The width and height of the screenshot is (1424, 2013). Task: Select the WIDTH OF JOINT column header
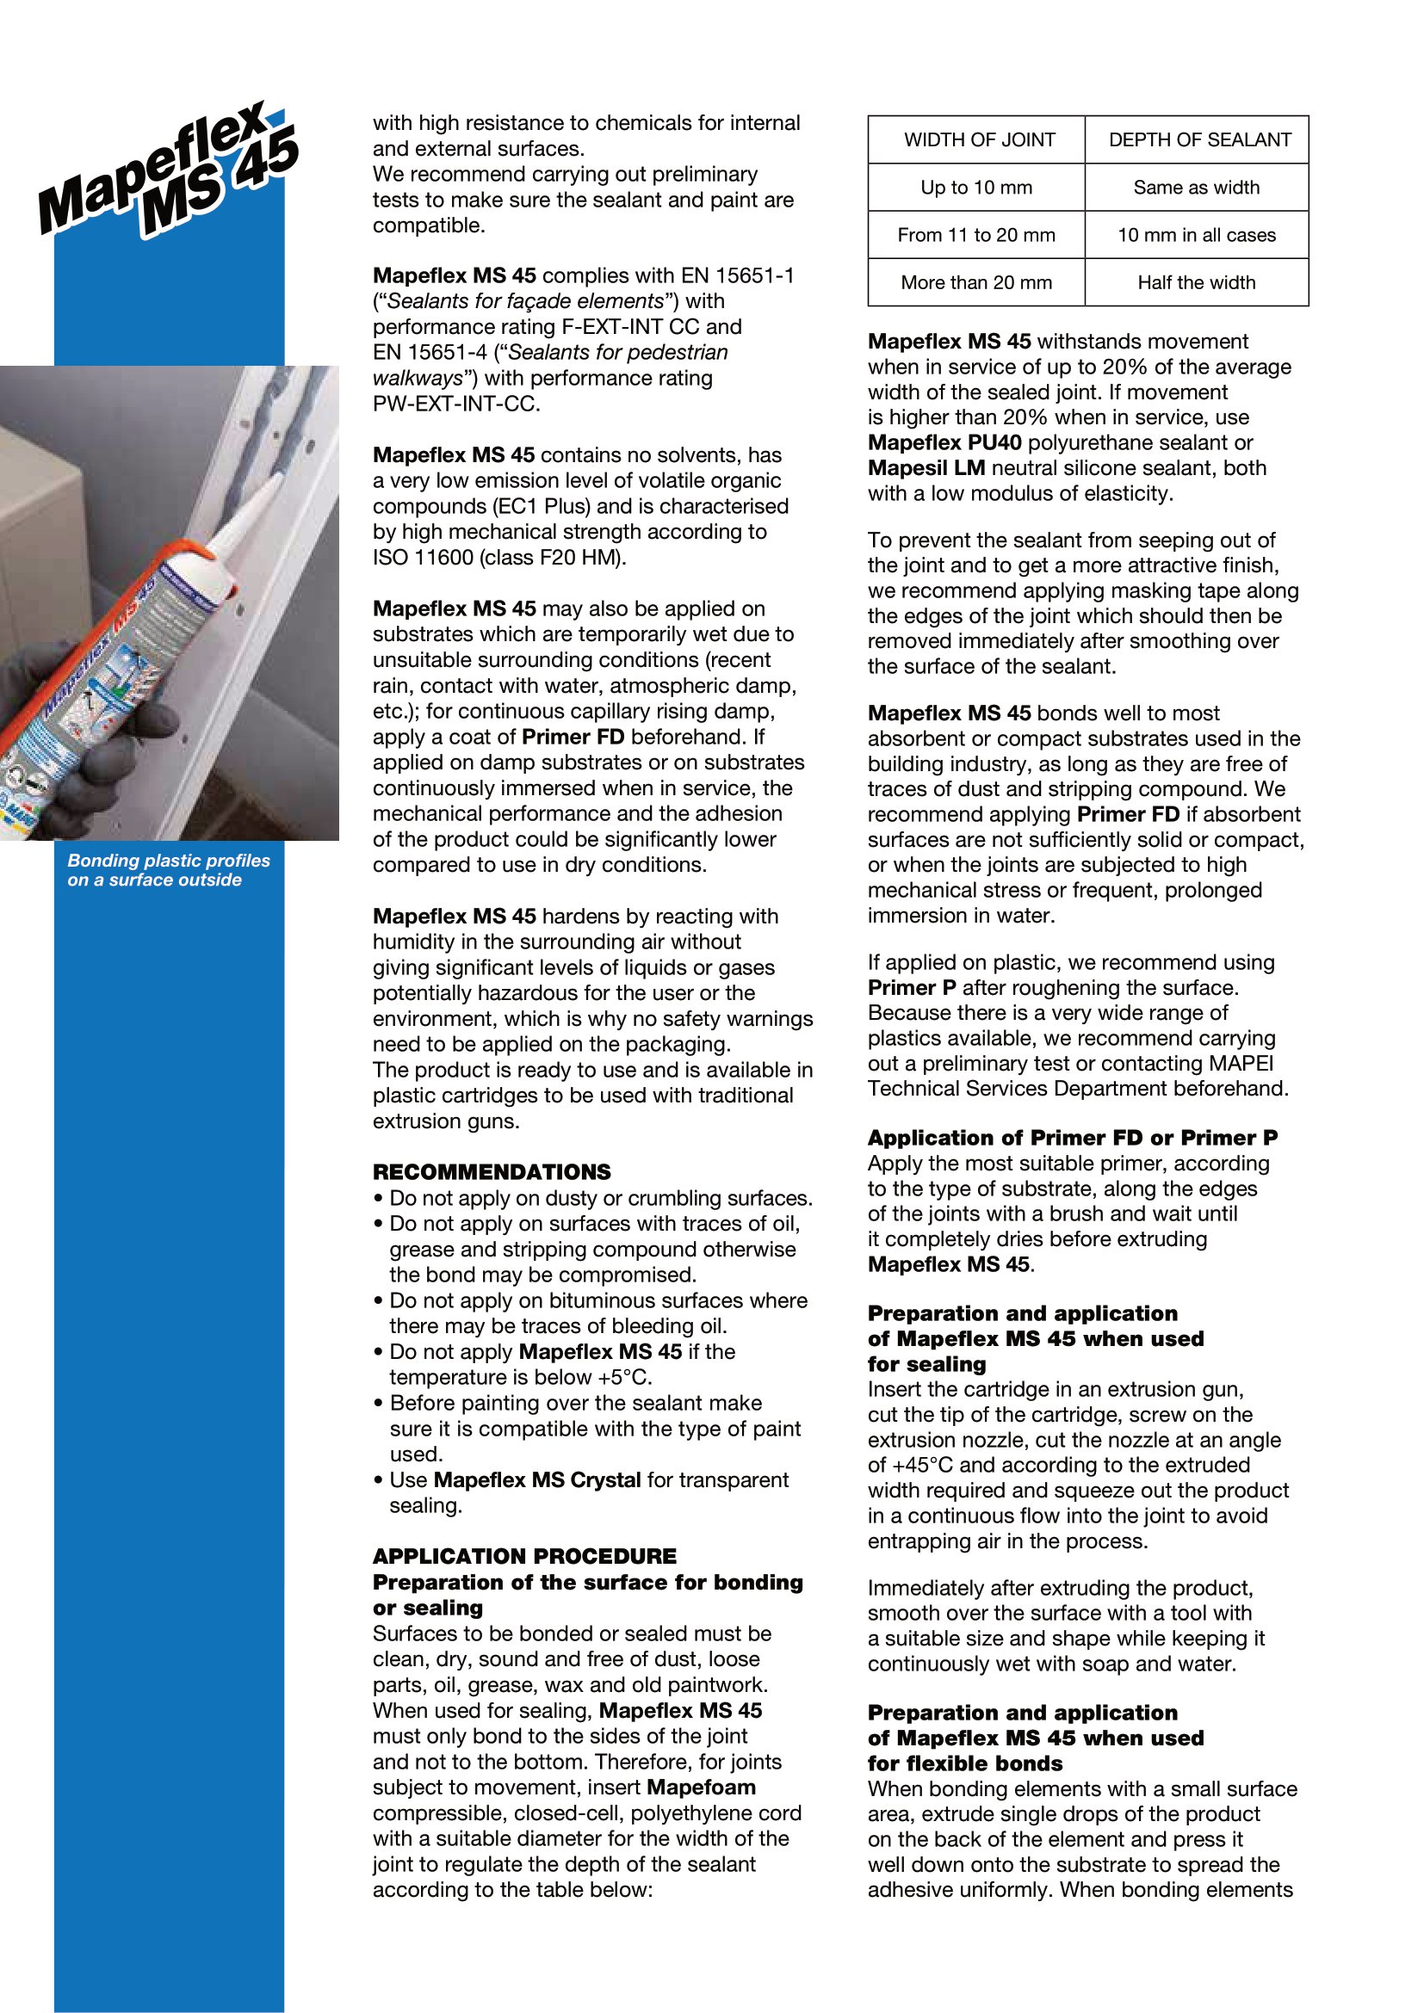[979, 140]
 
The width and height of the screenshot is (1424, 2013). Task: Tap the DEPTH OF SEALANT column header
[1198, 140]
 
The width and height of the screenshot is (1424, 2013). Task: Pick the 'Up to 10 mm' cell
[976, 188]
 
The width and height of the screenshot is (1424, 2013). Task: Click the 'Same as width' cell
[1196, 188]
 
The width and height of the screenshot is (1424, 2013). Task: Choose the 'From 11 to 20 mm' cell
[976, 235]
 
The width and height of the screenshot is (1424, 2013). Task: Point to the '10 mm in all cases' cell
[1196, 235]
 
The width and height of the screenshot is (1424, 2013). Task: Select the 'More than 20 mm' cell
[976, 282]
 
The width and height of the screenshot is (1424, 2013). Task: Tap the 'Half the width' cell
[1196, 282]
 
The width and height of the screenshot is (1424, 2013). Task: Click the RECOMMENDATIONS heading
[491, 1172]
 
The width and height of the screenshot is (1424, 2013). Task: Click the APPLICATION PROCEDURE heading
[524, 1556]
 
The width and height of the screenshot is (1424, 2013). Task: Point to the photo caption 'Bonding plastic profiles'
[169, 861]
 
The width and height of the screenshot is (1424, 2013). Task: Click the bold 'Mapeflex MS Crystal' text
[537, 1480]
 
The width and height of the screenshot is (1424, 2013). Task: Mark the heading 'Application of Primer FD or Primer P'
[1073, 1138]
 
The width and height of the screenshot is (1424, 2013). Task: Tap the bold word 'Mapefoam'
[701, 1788]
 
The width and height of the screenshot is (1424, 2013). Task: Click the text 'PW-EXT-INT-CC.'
[456, 404]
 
